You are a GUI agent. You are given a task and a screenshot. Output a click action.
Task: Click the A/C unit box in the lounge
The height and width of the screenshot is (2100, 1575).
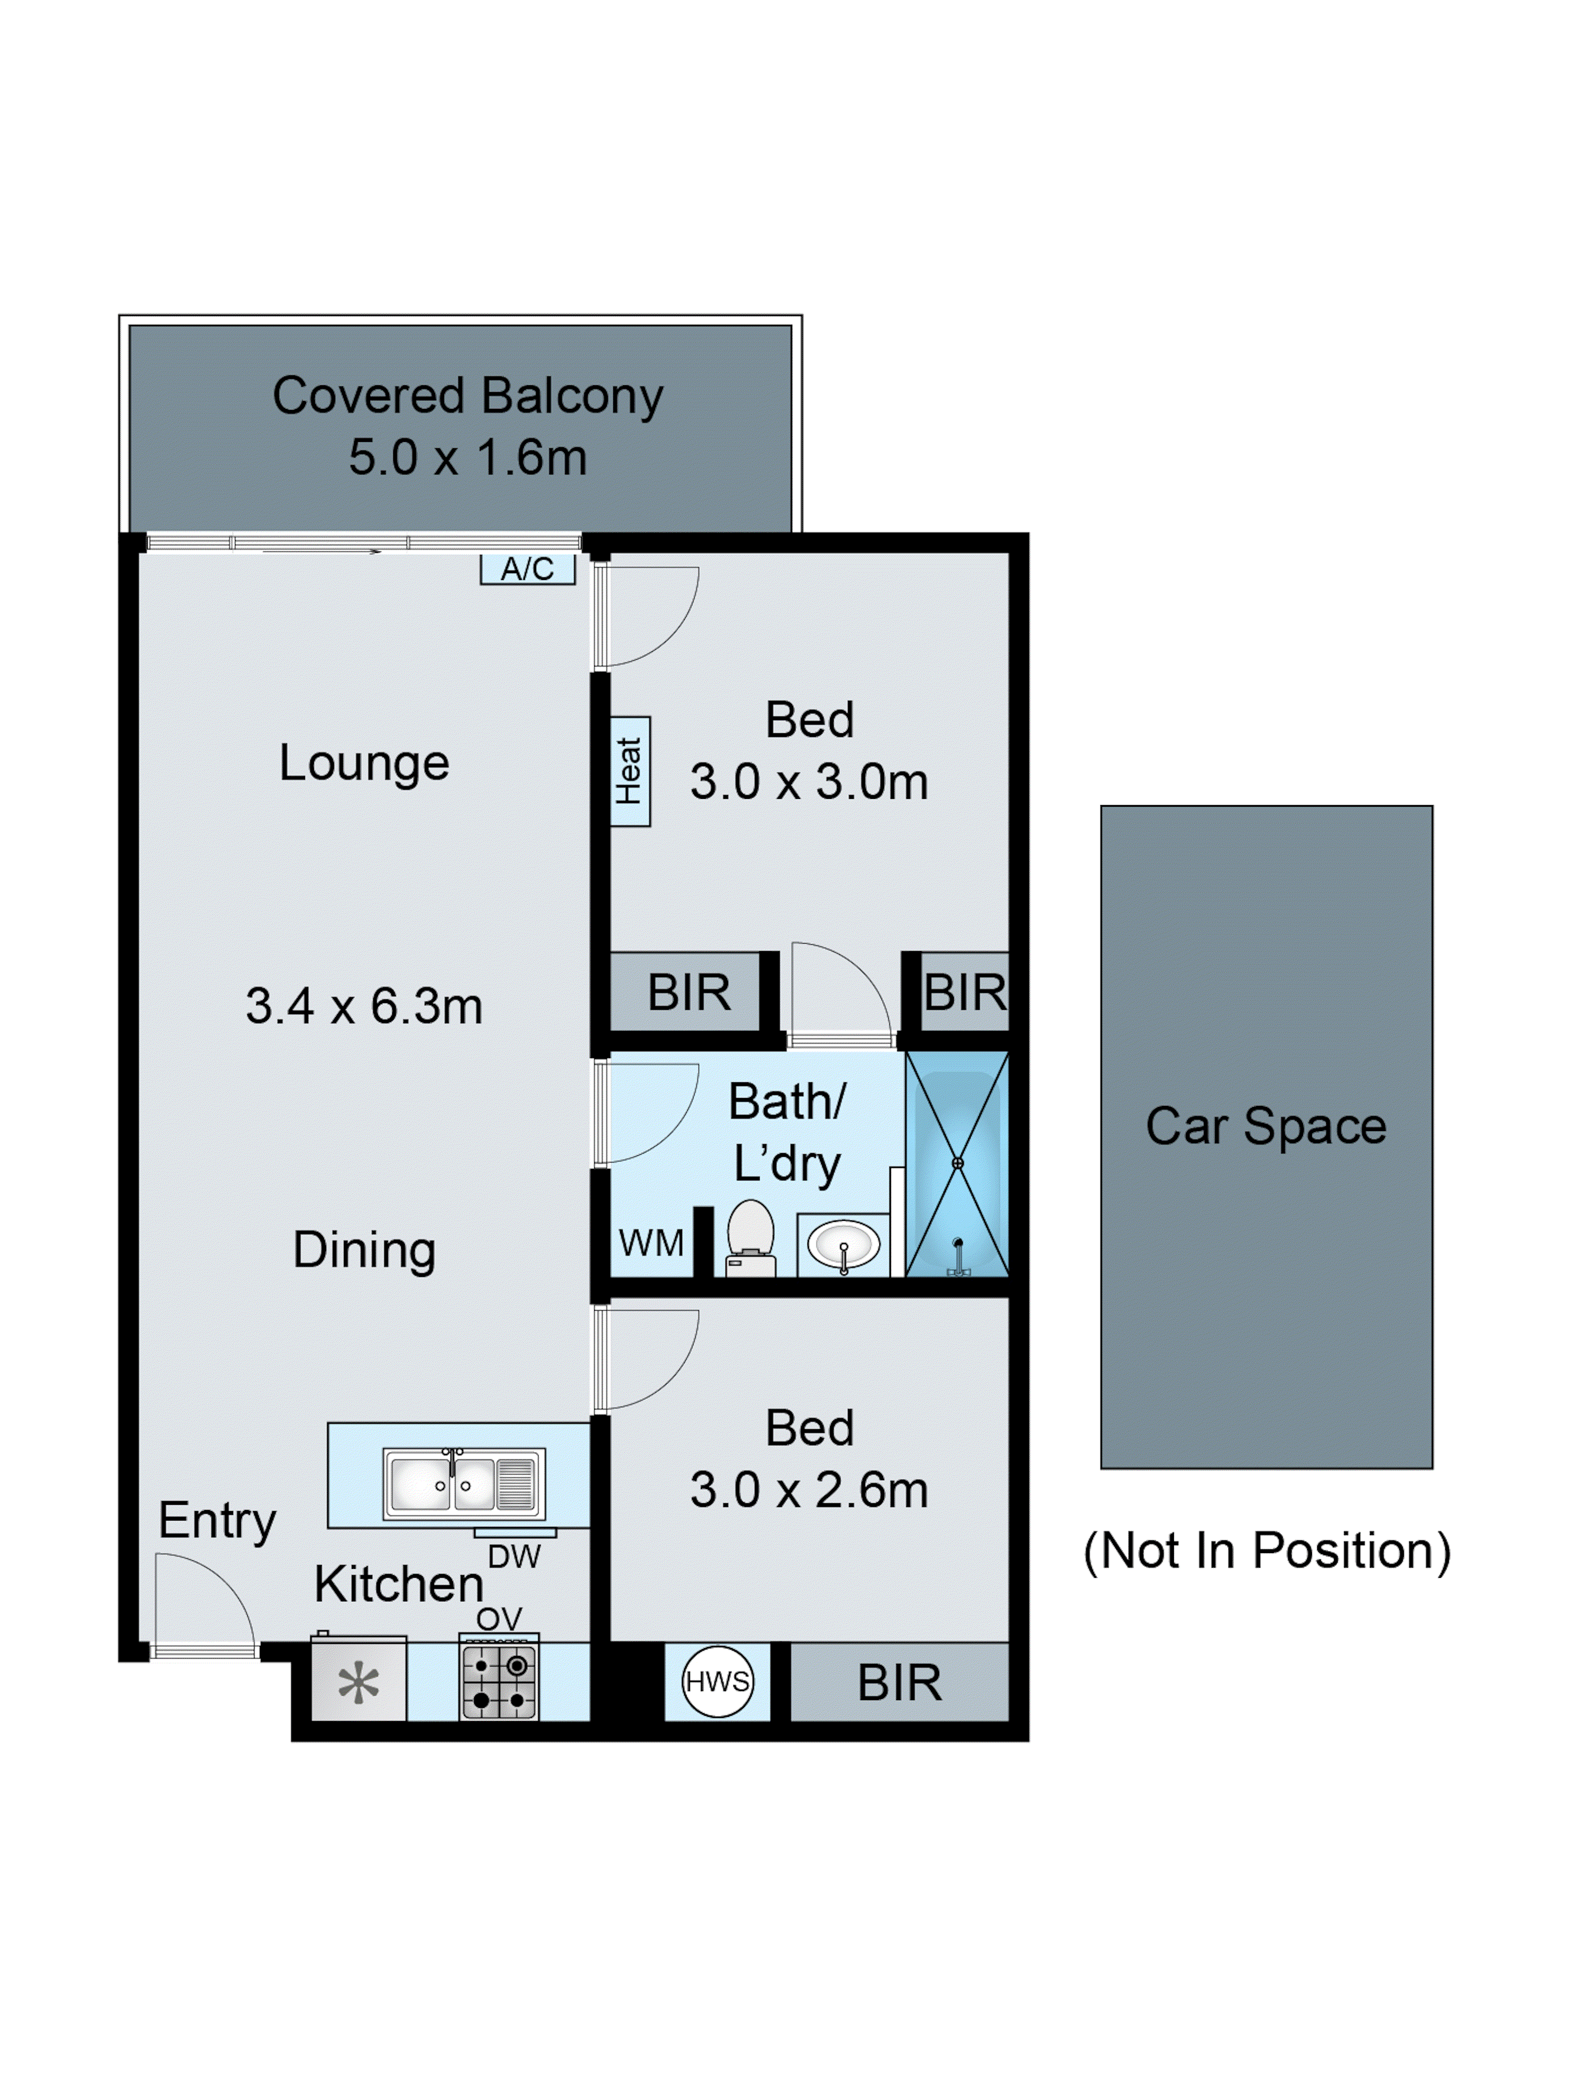pyautogui.click(x=527, y=568)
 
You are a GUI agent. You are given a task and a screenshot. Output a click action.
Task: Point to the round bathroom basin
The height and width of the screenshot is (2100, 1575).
pyautogui.click(x=843, y=1243)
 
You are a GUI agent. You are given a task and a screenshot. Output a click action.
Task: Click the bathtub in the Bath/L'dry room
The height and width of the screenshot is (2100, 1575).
pyautogui.click(x=957, y=1163)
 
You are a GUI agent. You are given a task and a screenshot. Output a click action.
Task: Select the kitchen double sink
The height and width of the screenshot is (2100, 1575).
pyautogui.click(x=463, y=1483)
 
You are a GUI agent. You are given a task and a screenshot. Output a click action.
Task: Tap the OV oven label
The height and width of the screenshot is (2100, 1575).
pyautogui.click(x=498, y=1619)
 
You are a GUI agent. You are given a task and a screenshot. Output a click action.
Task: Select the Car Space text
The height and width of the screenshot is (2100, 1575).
pyautogui.click(x=1265, y=1126)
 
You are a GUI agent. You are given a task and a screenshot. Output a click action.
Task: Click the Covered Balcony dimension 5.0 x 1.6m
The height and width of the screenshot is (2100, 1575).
pyautogui.click(x=467, y=458)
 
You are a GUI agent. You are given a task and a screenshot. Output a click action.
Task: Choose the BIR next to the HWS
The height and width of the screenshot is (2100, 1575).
pyautogui.click(x=899, y=1682)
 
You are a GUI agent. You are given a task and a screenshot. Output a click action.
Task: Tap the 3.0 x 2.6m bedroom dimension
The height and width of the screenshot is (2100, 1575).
pyautogui.click(x=809, y=1490)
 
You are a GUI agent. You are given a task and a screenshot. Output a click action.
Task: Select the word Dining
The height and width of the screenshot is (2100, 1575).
pyautogui.click(x=364, y=1249)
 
